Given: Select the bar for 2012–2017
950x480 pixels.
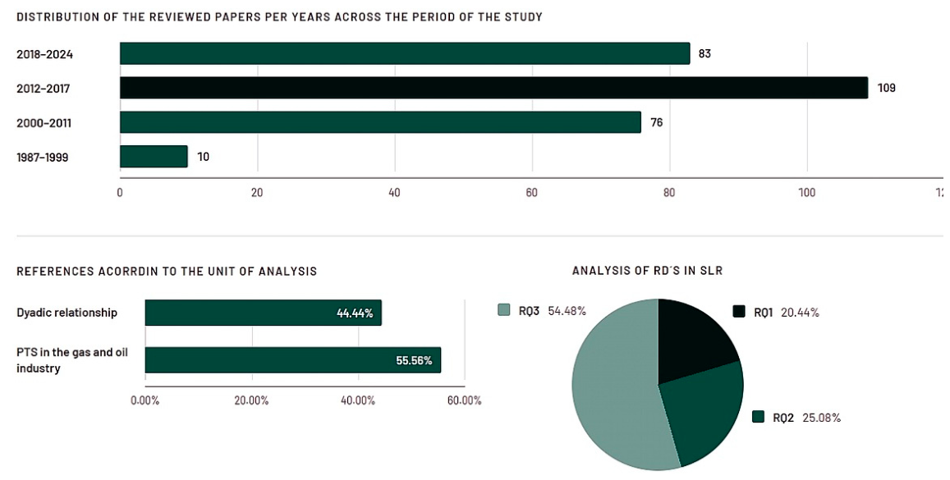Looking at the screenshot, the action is (493, 88).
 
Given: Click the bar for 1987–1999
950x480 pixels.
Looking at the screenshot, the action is (154, 157).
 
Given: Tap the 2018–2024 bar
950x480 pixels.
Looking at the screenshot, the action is (405, 53).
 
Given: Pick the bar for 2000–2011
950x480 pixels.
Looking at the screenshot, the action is (380, 122).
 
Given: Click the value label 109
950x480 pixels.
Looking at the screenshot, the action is (887, 89).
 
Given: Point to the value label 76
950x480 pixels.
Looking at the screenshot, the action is (657, 123).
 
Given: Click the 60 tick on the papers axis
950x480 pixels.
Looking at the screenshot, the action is (532, 193).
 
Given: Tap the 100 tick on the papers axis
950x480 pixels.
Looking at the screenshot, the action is (806, 193).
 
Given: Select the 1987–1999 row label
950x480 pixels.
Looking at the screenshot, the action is (43, 158).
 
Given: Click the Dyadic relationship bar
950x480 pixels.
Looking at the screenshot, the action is (263, 313).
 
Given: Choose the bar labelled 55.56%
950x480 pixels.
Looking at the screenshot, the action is (292, 360).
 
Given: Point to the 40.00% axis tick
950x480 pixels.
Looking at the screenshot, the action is (358, 400).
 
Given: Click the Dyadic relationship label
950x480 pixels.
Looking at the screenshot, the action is (67, 313).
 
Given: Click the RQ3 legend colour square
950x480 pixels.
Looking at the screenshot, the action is (503, 310).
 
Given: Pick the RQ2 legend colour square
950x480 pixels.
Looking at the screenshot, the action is (758, 417).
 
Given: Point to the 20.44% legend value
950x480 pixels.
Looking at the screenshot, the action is (800, 313).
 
